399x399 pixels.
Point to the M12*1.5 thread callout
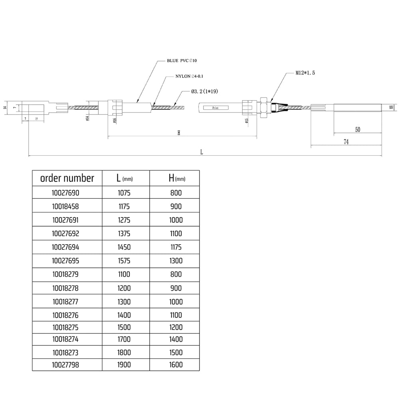[x=305, y=73]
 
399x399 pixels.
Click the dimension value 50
[x=358, y=130]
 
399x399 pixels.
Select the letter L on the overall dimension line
[x=202, y=152]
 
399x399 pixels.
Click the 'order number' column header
[x=67, y=178]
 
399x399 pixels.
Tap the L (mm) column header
[x=124, y=178]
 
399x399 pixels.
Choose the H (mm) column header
[x=174, y=178]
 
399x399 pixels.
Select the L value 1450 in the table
[x=124, y=247]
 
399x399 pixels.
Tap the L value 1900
[x=124, y=364]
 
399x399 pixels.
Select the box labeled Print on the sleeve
[x=216, y=108]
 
